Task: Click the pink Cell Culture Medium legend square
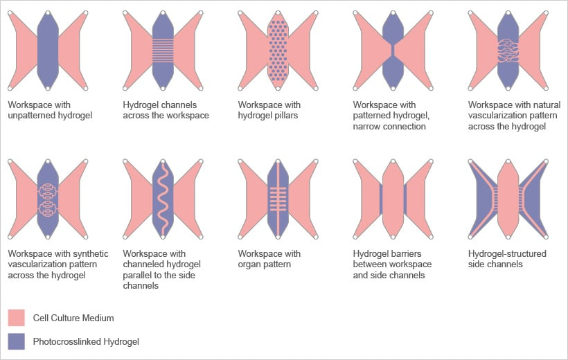tap(16, 318)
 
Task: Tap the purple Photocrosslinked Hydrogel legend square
tap(16, 341)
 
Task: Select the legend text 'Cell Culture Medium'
tap(73, 318)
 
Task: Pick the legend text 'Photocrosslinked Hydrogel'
tap(86, 341)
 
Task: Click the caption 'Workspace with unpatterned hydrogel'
tap(50, 110)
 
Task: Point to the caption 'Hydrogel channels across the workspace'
tap(166, 110)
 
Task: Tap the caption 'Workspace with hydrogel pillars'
tap(269, 110)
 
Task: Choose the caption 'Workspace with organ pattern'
tap(269, 259)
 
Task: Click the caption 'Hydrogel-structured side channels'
tap(507, 259)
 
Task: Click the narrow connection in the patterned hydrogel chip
tap(393, 50)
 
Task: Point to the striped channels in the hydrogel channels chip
tap(163, 51)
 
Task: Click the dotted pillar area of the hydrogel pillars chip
tap(278, 50)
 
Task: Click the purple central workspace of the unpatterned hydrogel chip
tap(48, 50)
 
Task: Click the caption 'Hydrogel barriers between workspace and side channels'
tap(391, 264)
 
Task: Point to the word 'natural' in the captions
tap(547, 105)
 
